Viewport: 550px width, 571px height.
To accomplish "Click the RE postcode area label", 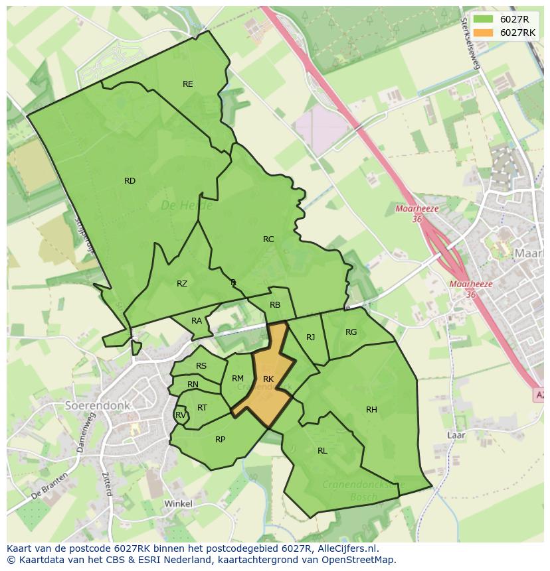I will (188, 84).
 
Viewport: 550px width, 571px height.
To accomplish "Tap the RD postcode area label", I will (130, 181).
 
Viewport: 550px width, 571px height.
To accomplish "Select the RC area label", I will (268, 239).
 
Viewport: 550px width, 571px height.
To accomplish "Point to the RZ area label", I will (182, 284).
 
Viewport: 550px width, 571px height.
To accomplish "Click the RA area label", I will (197, 321).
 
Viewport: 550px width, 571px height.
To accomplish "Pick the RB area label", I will (275, 305).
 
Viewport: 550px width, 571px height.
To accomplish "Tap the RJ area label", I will (310, 338).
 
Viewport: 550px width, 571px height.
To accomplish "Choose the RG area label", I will (351, 332).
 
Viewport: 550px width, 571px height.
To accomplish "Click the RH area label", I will (371, 410).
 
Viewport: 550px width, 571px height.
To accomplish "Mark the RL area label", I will (322, 451).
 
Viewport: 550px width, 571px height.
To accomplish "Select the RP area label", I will (221, 439).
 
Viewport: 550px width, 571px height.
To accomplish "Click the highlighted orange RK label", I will (268, 379).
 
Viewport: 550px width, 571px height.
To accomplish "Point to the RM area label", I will (238, 379).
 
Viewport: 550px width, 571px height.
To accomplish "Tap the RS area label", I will (201, 366).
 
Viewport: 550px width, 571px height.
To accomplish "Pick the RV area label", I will (180, 415).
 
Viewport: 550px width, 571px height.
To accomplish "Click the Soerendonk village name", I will (98, 405).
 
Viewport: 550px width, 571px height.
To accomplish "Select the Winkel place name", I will (178, 503).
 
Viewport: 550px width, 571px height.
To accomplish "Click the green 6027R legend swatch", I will (484, 20).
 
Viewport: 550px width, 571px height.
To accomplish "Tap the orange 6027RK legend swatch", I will (484, 32).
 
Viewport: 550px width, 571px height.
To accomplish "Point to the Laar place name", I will (456, 435).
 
